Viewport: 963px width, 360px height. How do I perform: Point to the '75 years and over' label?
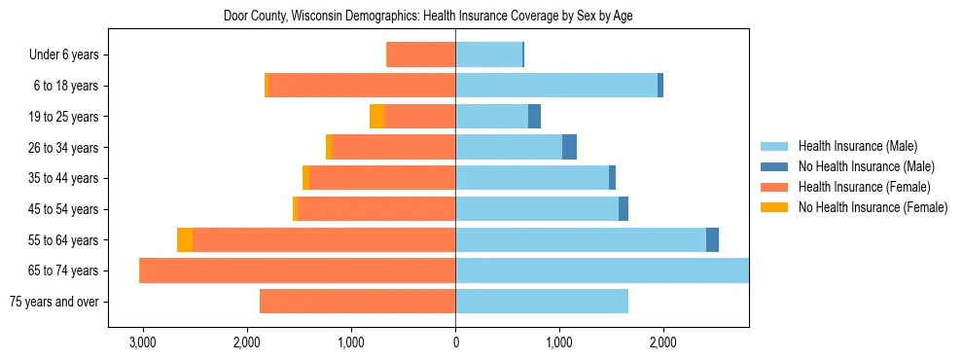(53, 302)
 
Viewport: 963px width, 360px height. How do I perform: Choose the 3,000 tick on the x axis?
(143, 343)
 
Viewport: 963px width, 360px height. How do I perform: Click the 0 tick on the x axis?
(455, 343)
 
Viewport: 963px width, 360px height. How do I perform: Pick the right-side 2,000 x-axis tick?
(663, 343)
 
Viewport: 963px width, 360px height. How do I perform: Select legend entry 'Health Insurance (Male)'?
(857, 146)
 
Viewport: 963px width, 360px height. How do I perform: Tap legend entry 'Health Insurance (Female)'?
(864, 187)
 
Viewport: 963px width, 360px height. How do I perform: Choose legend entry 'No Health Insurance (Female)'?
(873, 207)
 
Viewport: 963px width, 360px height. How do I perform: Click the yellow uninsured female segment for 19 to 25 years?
(376, 117)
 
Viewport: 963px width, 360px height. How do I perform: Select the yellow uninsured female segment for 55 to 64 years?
(185, 240)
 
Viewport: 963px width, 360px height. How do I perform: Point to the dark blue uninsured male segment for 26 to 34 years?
(569, 148)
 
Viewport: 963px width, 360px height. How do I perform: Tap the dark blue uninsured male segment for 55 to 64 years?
(712, 240)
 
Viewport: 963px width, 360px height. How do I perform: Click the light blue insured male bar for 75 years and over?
(542, 302)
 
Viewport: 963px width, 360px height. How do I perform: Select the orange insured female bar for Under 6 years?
(421, 54)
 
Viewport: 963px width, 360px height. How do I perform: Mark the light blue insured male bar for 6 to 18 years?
(556, 86)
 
